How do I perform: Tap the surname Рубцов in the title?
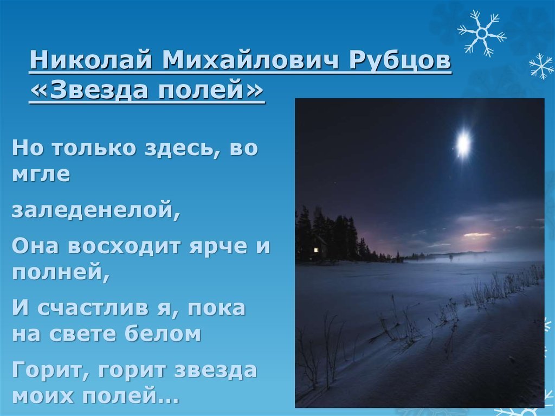click(400, 61)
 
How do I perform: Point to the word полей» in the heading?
click(211, 90)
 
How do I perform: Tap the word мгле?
click(41, 174)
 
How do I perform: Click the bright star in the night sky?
click(463, 143)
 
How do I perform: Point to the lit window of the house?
click(316, 250)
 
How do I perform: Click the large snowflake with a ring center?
click(482, 34)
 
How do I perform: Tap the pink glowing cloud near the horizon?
click(477, 234)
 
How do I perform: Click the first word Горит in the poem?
click(52, 371)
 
